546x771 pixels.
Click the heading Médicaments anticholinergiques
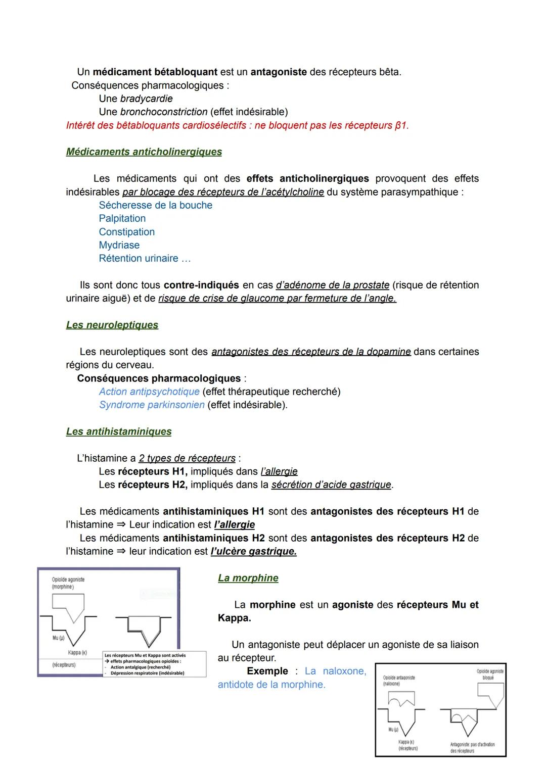pyautogui.click(x=144, y=152)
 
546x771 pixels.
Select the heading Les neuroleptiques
pyautogui.click(x=112, y=325)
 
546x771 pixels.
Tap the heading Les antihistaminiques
pyautogui.click(x=119, y=432)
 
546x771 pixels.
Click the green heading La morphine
pyautogui.click(x=248, y=579)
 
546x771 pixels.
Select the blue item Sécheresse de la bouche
pyautogui.click(x=155, y=206)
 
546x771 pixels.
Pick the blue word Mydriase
pyautogui.click(x=119, y=246)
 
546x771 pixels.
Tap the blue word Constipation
pyautogui.click(x=126, y=232)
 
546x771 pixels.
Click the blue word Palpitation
pyautogui.click(x=122, y=219)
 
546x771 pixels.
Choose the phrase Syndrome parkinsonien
pyautogui.click(x=152, y=405)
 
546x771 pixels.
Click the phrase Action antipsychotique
pyautogui.click(x=149, y=392)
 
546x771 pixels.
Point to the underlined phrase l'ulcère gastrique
pyautogui.click(x=253, y=552)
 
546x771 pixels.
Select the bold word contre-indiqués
pyautogui.click(x=202, y=285)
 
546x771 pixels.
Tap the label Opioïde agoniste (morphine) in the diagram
pyautogui.click(x=68, y=583)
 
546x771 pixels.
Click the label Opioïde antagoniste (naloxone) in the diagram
pyautogui.click(x=398, y=681)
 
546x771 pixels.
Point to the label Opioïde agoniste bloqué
pyautogui.click(x=489, y=674)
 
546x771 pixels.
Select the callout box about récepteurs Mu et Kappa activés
pyautogui.click(x=154, y=664)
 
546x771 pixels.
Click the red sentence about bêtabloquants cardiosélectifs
pyautogui.click(x=237, y=126)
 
